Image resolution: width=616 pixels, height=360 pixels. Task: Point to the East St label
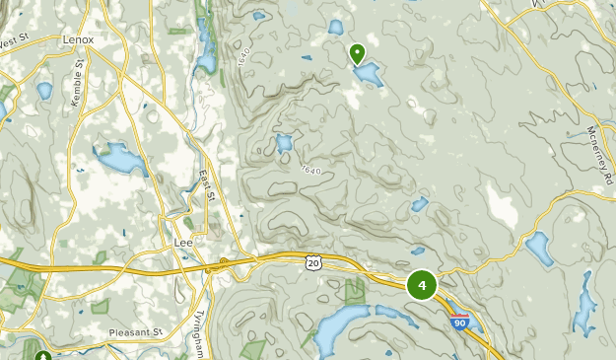pyautogui.click(x=206, y=186)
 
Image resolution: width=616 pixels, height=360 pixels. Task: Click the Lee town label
pyautogui.click(x=181, y=241)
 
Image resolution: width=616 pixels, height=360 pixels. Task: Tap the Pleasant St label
pyautogui.click(x=134, y=332)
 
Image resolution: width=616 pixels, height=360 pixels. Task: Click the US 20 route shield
pyautogui.click(x=312, y=263)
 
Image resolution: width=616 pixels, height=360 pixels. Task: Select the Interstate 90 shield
pyautogui.click(x=458, y=322)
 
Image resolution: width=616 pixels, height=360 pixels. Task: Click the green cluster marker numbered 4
pyautogui.click(x=422, y=285)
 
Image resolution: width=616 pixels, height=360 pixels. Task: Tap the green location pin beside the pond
pyautogui.click(x=357, y=52)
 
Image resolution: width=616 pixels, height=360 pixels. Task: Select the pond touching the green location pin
pyautogui.click(x=367, y=74)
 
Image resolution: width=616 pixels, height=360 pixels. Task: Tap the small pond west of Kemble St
pyautogui.click(x=44, y=91)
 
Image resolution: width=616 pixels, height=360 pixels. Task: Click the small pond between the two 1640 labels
pyautogui.click(x=284, y=144)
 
